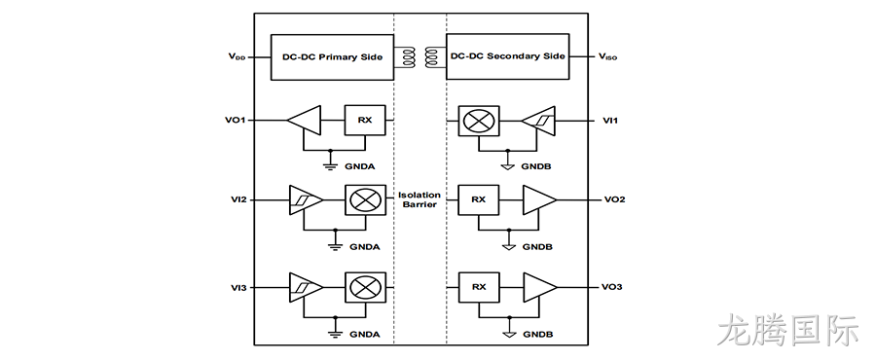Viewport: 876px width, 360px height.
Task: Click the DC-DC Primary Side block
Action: click(333, 57)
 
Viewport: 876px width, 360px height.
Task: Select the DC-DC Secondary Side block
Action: click(507, 56)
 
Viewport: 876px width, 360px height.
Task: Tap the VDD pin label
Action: click(236, 56)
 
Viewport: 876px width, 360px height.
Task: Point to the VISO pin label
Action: click(607, 56)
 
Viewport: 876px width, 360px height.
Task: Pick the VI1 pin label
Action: click(611, 121)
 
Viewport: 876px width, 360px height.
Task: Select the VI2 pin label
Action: click(238, 199)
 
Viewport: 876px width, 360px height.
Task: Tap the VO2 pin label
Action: click(614, 199)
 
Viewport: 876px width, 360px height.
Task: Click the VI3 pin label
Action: click(238, 287)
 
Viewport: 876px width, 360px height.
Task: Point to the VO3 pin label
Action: click(612, 287)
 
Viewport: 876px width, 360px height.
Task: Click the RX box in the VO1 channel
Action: click(365, 120)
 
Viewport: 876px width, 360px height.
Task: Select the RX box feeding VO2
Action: click(479, 199)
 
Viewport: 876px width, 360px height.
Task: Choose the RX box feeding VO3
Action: click(479, 287)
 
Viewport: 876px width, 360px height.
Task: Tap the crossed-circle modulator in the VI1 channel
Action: click(479, 121)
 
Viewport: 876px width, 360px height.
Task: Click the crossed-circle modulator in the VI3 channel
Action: click(365, 287)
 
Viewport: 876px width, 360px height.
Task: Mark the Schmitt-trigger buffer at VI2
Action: click(305, 199)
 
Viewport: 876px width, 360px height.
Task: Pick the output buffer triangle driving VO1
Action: click(304, 120)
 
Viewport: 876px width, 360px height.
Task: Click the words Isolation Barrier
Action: click(419, 199)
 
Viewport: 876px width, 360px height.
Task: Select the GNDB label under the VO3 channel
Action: click(538, 335)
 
